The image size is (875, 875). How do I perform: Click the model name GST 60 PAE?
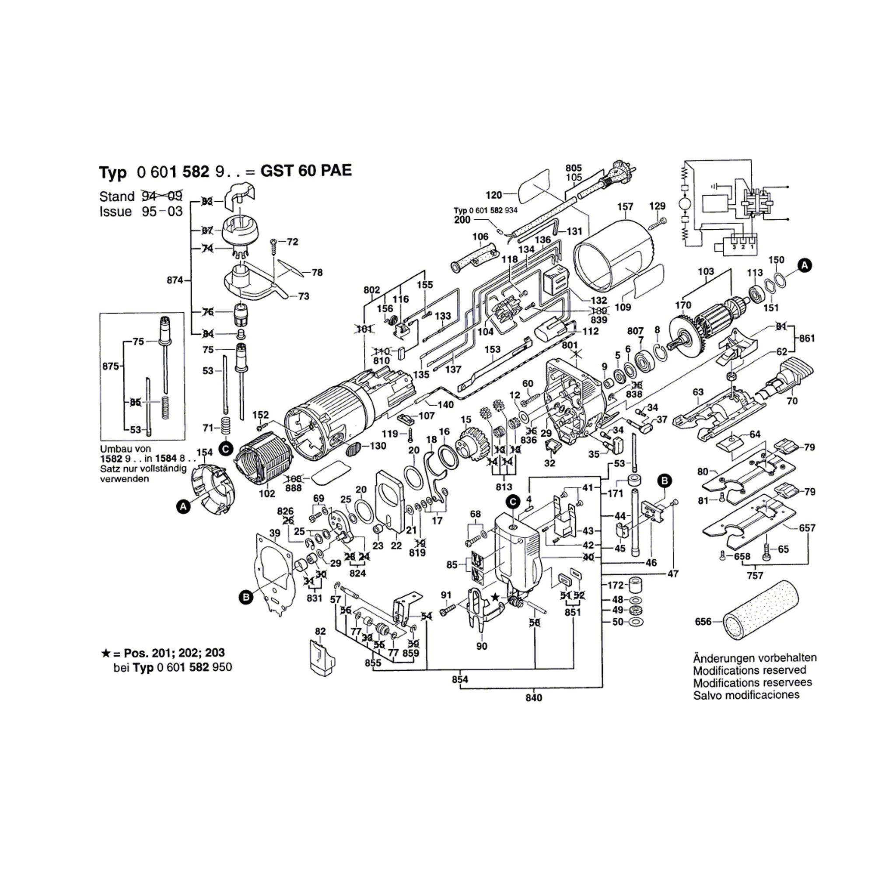click(x=306, y=171)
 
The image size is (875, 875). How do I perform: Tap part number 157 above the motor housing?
click(x=625, y=206)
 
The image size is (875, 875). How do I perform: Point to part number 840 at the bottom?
click(x=533, y=698)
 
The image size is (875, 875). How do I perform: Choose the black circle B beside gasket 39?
click(x=246, y=598)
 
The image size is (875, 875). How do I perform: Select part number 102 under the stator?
click(x=267, y=493)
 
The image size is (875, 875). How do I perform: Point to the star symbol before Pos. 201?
click(x=105, y=653)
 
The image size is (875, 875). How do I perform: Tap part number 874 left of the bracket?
click(x=175, y=280)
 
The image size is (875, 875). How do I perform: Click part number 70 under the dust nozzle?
click(x=792, y=401)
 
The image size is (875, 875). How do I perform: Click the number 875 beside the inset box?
click(x=111, y=366)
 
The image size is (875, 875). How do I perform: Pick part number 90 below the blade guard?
click(x=481, y=646)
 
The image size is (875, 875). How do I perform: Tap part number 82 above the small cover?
click(x=320, y=631)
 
